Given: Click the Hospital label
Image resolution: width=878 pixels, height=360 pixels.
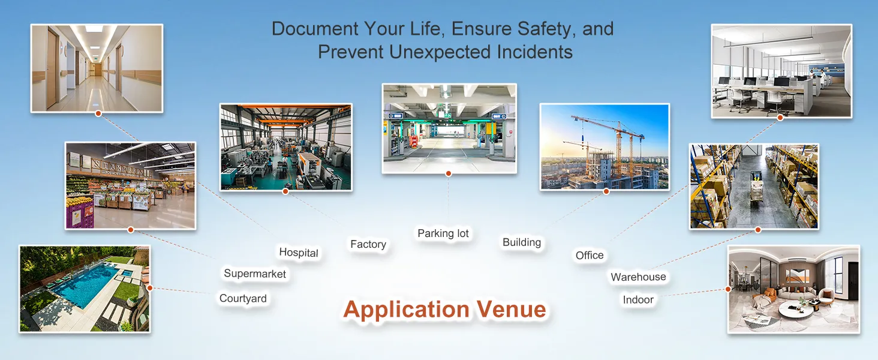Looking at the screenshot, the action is point(298,253).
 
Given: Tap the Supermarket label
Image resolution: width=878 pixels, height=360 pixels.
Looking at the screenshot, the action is point(255,274).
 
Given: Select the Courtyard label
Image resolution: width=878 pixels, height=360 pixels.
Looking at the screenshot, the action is point(243,298).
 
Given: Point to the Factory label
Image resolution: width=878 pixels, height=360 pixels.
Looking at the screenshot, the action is point(368,244).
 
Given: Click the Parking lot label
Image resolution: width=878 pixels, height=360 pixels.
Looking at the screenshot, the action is point(443,233).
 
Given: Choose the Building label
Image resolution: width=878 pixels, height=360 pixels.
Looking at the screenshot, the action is point(522,242).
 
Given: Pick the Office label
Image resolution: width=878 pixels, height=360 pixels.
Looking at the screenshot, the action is point(590,255).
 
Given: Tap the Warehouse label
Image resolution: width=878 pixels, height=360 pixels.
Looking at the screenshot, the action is point(638,277).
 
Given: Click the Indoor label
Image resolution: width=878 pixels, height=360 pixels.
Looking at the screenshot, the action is point(638,299).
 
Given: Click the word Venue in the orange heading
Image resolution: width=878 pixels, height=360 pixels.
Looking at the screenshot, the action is point(511,309).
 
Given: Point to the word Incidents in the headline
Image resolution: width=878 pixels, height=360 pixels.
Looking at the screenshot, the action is point(534,52).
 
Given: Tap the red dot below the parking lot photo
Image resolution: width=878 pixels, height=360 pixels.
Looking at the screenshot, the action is point(449,174).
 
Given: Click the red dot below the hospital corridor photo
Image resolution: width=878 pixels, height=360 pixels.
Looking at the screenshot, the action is point(98,113).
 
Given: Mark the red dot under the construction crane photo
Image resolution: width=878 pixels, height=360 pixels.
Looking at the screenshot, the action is point(606,191).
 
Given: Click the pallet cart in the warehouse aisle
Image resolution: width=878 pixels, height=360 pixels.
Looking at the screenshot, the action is point(756,192).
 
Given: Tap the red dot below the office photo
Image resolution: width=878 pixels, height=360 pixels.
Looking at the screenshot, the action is point(780,118).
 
